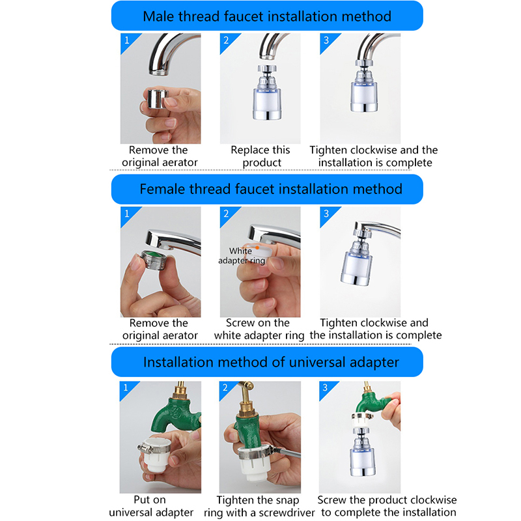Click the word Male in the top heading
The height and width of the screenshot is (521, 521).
tap(159, 16)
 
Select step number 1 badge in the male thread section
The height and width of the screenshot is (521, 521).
tap(127, 40)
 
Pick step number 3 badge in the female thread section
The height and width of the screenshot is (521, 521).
tap(326, 214)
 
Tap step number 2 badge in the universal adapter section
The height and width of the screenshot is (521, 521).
tap(225, 387)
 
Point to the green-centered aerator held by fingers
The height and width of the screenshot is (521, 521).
tap(153, 259)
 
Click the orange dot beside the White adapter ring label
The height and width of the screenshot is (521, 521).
tap(257, 247)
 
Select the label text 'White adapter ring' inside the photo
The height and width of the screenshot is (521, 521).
tap(242, 255)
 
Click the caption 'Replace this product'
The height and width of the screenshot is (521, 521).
tap(261, 156)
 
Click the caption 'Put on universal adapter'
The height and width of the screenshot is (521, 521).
tap(151, 506)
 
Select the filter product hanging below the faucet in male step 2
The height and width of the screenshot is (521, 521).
tap(267, 92)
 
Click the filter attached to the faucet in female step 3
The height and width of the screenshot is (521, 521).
tap(358, 256)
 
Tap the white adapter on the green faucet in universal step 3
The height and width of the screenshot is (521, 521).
tap(362, 420)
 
